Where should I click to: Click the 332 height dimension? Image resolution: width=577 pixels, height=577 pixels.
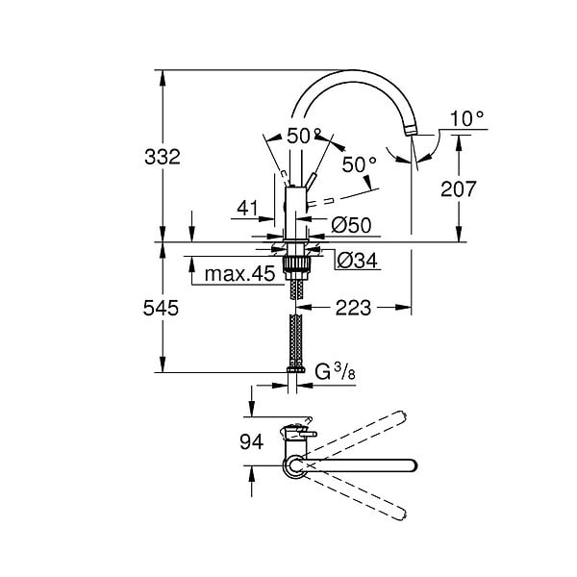pos(163,157)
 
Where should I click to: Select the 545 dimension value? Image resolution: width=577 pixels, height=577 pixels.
pos(161,308)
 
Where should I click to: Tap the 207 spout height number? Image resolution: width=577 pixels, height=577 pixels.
pos(459,188)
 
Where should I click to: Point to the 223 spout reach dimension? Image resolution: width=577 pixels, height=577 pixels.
pos(353,308)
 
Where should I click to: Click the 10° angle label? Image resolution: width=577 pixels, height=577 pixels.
pos(466,118)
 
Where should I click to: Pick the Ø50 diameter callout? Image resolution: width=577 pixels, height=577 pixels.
pos(351,225)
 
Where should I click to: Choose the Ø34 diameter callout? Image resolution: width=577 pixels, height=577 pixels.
pos(357,261)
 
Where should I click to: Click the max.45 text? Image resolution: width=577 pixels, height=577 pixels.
pos(239,274)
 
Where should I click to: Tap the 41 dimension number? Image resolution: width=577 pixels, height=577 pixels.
pos(247,209)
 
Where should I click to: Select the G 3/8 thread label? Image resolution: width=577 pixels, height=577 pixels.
pos(335,371)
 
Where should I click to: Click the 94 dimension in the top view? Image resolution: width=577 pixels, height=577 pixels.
pos(252,441)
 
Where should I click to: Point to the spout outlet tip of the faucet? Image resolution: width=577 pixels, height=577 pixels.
pos(412,131)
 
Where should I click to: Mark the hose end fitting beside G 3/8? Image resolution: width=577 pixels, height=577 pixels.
pos(295,369)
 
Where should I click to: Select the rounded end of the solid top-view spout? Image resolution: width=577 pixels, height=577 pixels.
pos(413,465)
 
